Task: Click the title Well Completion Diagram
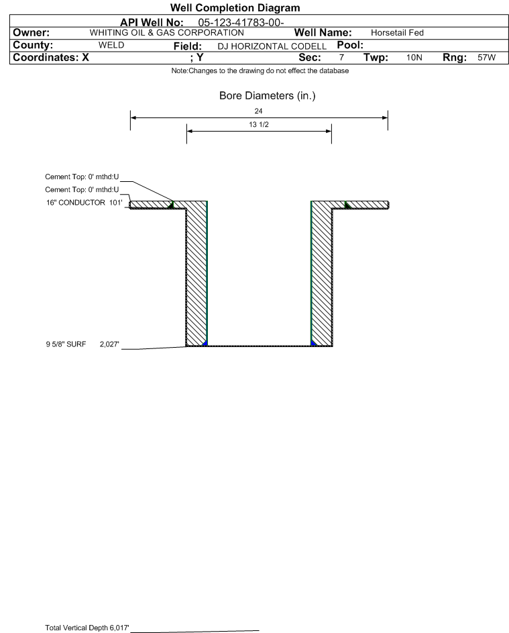point(235,7)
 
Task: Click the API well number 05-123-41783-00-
point(241,23)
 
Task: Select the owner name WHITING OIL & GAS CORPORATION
point(166,33)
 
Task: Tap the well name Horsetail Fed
point(397,33)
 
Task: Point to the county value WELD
point(111,45)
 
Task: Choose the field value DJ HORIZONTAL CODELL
point(272,46)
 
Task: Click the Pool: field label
point(350,45)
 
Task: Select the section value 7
point(341,57)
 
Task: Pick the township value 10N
point(414,57)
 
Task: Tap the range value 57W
point(486,57)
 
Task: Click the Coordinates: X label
point(51,57)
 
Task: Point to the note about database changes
point(260,70)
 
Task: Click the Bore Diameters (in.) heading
point(268,96)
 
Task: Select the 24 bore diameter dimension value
point(259,111)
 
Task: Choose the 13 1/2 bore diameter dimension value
point(259,124)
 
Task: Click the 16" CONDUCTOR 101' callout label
point(84,202)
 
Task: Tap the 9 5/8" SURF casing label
point(66,344)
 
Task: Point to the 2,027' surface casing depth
point(110,344)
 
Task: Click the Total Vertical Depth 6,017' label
point(87,628)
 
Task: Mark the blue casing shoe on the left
point(205,343)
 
